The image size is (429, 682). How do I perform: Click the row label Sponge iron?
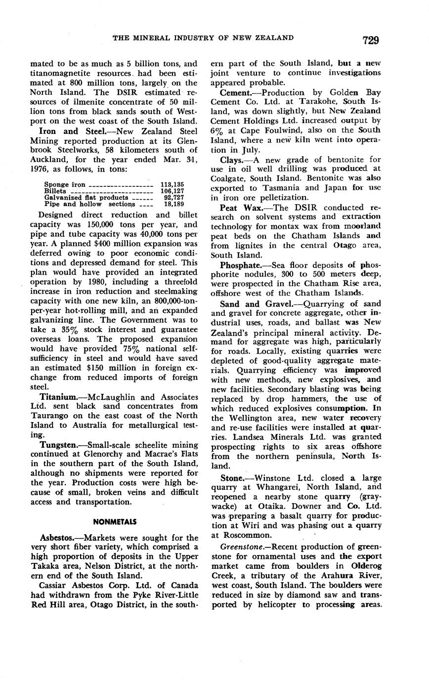65,184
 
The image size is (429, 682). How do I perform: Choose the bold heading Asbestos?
58,538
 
